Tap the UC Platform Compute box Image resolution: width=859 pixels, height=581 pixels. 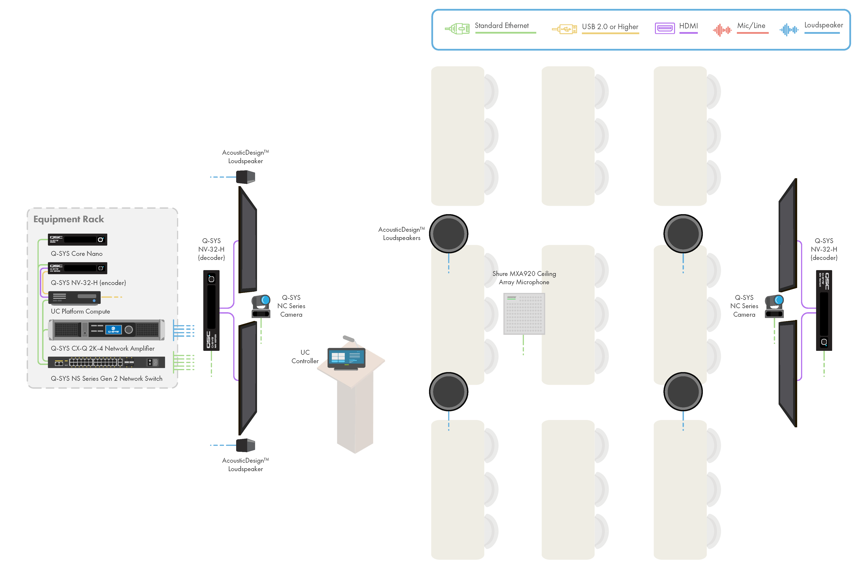[74, 298]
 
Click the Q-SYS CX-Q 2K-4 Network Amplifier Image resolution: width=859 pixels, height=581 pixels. [106, 329]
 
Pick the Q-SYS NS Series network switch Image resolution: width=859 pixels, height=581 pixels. [106, 362]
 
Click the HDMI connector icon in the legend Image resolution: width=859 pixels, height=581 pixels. [665, 28]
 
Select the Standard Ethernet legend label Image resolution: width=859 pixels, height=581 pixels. [501, 25]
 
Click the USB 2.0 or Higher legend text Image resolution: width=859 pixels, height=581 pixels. [610, 27]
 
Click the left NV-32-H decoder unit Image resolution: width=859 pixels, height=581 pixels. [211, 310]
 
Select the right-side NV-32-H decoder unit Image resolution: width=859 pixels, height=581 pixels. [824, 310]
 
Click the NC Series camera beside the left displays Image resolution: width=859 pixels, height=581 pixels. [261, 306]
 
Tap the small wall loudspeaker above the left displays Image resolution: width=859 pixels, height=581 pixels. [245, 177]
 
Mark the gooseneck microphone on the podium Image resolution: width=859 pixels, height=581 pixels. [349, 339]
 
